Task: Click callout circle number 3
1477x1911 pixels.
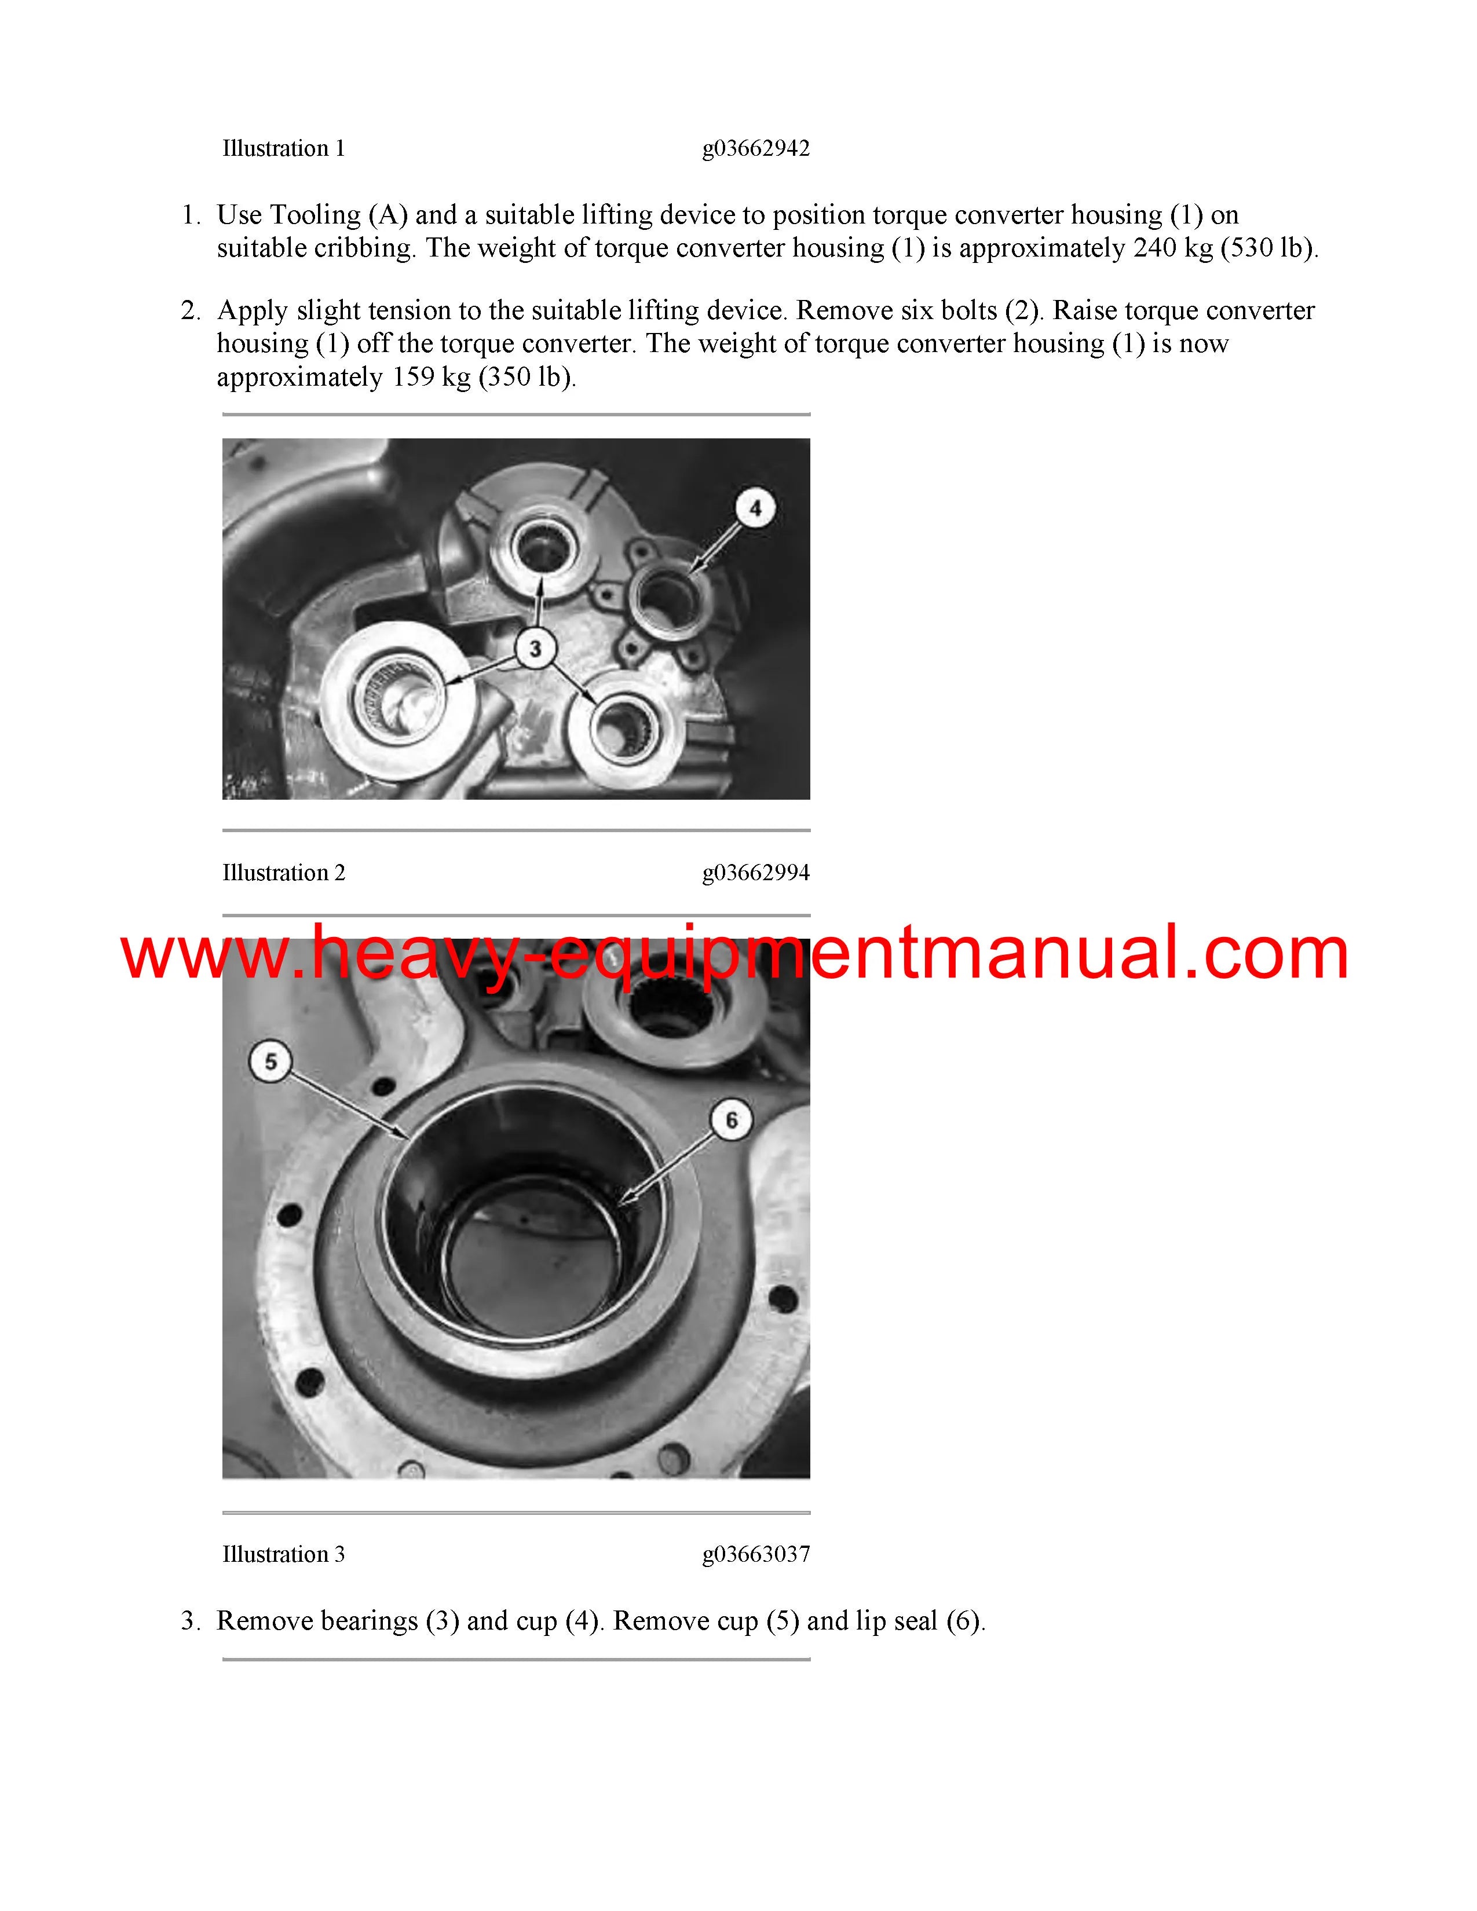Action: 535,649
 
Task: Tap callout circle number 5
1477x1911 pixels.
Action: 270,1061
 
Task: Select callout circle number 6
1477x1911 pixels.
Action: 732,1120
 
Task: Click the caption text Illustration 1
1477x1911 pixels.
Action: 283,149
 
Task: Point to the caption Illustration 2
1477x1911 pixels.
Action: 283,872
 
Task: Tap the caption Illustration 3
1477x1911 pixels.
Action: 283,1554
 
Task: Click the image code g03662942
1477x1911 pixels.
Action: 756,149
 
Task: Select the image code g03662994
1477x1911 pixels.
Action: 756,872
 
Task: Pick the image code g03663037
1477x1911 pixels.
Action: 756,1554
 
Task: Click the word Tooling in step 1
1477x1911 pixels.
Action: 315,216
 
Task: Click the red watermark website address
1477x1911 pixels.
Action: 735,954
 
